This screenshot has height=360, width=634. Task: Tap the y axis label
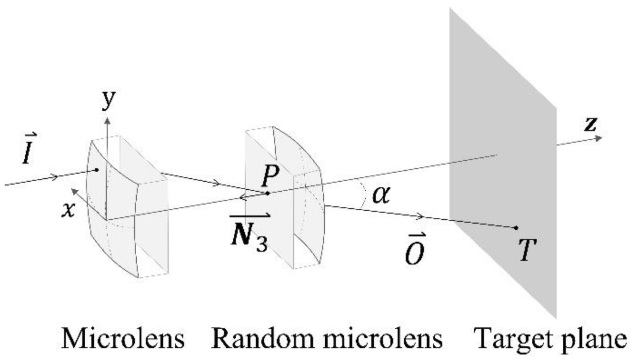[x=108, y=100]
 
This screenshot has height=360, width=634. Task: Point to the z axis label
[x=590, y=125]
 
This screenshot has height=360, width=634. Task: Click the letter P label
[x=270, y=175]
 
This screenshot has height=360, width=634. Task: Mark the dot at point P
[x=268, y=193]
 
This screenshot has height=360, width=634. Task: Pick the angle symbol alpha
[x=381, y=195]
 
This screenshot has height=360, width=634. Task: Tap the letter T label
[x=527, y=250]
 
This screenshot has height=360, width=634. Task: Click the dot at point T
[x=516, y=228]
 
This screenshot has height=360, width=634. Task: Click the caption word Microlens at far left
[x=123, y=338]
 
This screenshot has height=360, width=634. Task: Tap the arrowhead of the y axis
[x=107, y=121]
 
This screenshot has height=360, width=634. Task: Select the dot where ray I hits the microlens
[x=97, y=170]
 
